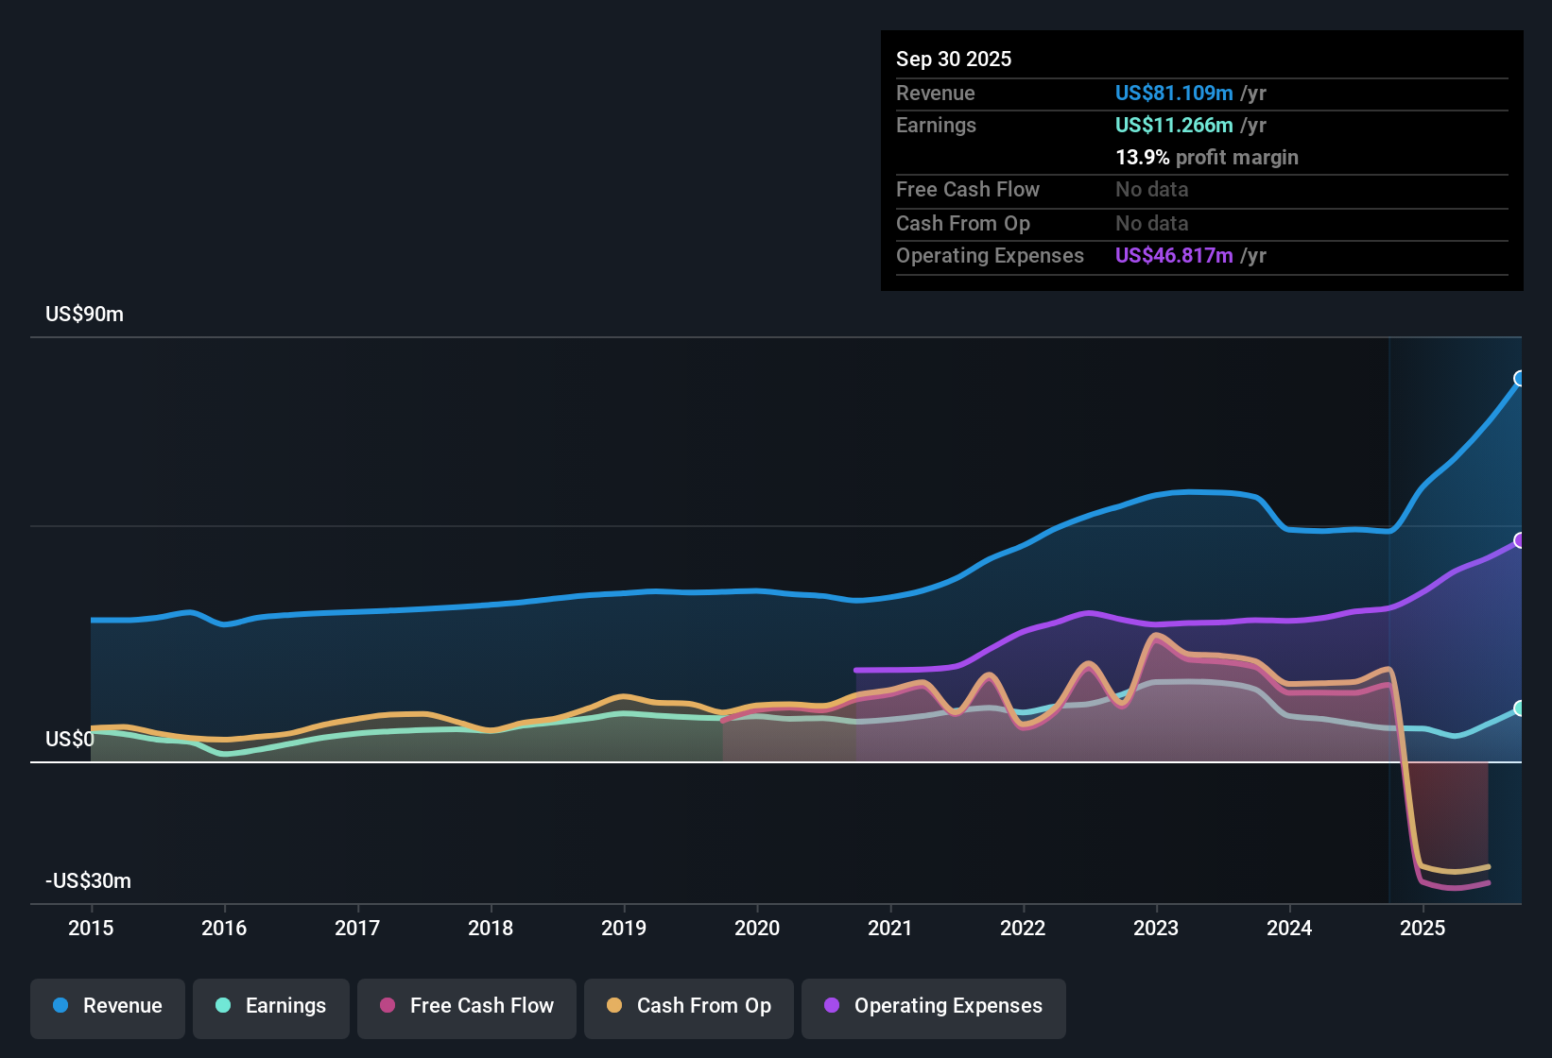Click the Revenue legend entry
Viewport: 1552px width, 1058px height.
pos(108,1006)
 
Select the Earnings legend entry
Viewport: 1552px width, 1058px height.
pos(271,1006)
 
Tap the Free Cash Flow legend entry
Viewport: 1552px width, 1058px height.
pos(467,1006)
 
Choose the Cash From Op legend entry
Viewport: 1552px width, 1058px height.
pos(689,1006)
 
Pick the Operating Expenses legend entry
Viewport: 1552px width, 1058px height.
pos(934,1006)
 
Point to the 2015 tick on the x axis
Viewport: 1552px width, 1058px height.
pos(91,928)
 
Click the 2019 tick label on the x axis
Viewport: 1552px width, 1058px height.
pos(624,928)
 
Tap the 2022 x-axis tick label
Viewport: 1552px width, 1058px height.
pos(1023,928)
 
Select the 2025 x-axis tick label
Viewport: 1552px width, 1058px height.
pos(1423,928)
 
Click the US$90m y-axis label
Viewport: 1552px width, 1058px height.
pos(84,315)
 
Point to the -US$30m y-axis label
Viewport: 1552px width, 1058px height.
pos(88,881)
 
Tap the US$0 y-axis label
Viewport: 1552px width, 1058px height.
pos(70,739)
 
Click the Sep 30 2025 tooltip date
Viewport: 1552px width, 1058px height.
pos(954,59)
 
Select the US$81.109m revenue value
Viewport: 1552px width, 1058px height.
pos(1174,93)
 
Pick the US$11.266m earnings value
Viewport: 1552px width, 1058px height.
pos(1174,125)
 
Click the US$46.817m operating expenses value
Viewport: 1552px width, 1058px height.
pos(1174,255)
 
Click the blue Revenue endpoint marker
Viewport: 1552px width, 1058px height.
pos(1520,379)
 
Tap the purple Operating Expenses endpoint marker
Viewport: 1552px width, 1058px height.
pos(1520,540)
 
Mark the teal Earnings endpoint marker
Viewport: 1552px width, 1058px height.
pos(1520,708)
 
